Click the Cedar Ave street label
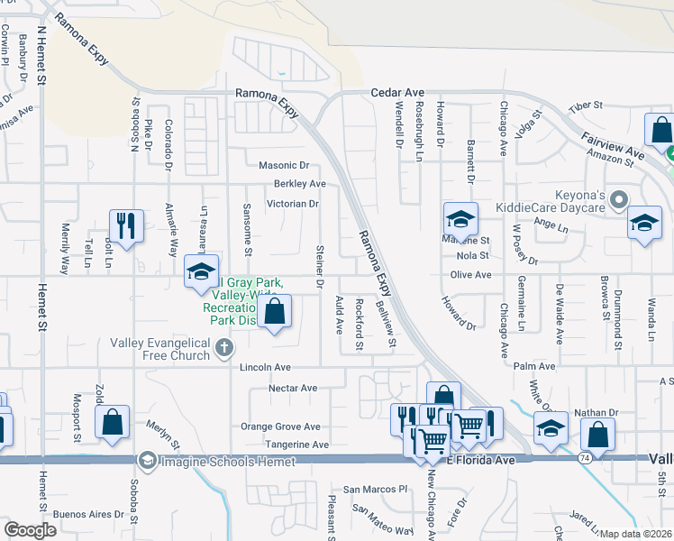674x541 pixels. [x=397, y=92]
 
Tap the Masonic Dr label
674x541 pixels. [x=284, y=166]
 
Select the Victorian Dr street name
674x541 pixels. [x=293, y=204]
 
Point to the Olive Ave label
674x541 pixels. [x=471, y=275]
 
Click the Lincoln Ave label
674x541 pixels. [x=265, y=368]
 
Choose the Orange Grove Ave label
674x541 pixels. [x=280, y=426]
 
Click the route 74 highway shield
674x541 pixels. [x=584, y=460]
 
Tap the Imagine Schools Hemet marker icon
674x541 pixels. [x=146, y=462]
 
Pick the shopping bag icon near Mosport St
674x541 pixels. [x=112, y=422]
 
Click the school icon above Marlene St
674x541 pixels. [x=460, y=218]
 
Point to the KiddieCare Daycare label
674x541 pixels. [x=551, y=208]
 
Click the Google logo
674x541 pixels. [x=31, y=530]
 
